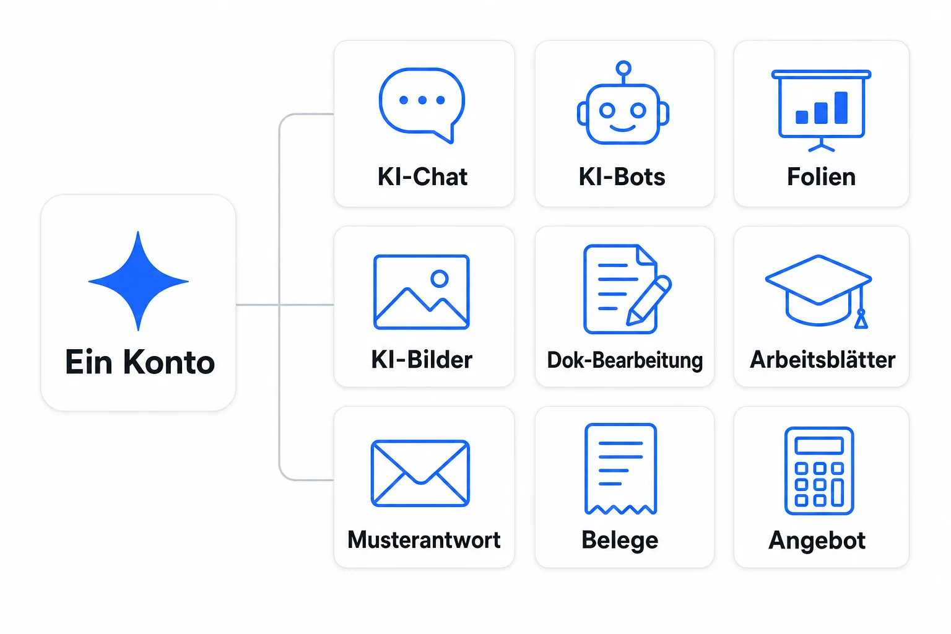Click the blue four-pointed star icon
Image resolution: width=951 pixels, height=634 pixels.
pyautogui.click(x=139, y=280)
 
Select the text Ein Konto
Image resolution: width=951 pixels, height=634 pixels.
pyautogui.click(x=140, y=362)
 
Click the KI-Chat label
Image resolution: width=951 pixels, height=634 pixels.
pyautogui.click(x=422, y=176)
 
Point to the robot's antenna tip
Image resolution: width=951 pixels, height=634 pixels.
pyautogui.click(x=623, y=67)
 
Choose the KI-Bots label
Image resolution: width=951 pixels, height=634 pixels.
pyautogui.click(x=622, y=176)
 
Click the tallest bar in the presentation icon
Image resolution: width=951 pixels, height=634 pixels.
pyautogui.click(x=841, y=108)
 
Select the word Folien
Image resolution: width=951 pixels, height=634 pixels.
pyautogui.click(x=821, y=176)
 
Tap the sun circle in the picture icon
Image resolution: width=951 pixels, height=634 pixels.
pyautogui.click(x=440, y=279)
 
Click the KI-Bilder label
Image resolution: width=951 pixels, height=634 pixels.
pyautogui.click(x=422, y=360)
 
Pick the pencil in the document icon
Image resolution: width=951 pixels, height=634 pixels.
pyautogui.click(x=649, y=300)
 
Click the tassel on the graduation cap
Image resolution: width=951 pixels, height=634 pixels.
pyautogui.click(x=861, y=319)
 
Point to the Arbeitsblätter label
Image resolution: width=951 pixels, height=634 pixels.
pyautogui.click(x=822, y=360)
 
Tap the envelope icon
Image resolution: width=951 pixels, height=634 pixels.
pyautogui.click(x=420, y=474)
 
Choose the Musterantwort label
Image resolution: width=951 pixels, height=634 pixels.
pyautogui.click(x=423, y=540)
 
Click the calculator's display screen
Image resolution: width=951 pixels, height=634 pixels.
pyautogui.click(x=819, y=445)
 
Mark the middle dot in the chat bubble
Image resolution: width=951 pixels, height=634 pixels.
pyautogui.click(x=422, y=100)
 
